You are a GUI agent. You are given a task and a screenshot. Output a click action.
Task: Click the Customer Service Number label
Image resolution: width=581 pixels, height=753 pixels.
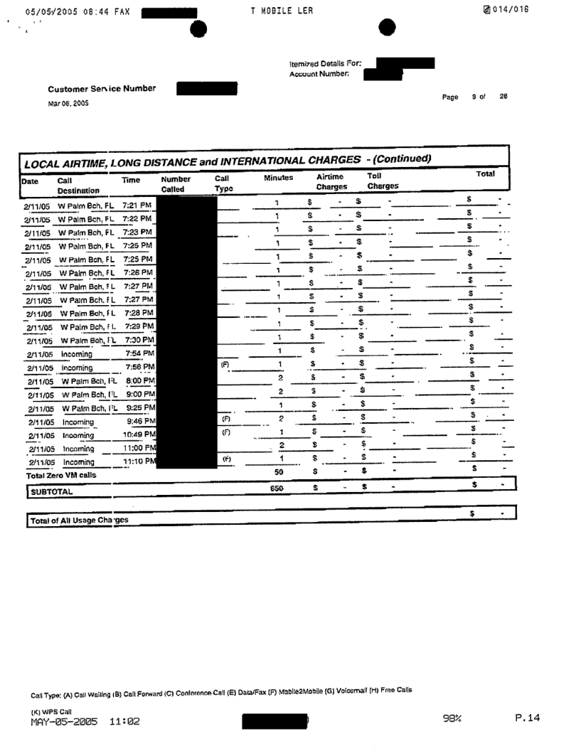pos(102,89)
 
